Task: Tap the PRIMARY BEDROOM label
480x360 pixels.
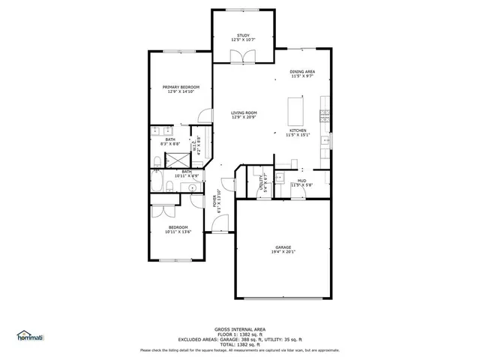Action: coord(181,88)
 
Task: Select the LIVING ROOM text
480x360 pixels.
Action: coord(244,112)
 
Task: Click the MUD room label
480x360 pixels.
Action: coord(301,181)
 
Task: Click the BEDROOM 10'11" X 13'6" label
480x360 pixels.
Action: coord(178,227)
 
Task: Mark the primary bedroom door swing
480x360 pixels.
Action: coord(203,115)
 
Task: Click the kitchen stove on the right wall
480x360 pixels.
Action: coord(324,115)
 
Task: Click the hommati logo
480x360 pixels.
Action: coord(31,336)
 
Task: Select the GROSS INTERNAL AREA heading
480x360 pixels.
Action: coord(240,329)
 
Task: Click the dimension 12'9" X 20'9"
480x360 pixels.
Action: coord(244,118)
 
